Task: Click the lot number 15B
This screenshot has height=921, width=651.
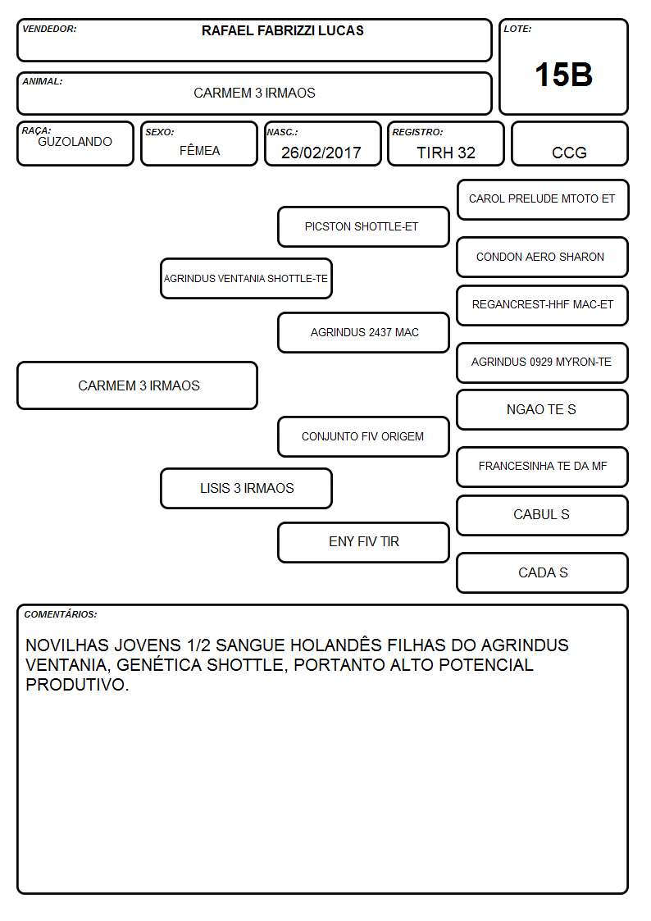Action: coord(563,75)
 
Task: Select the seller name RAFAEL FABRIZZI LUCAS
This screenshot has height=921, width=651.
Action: coord(282,30)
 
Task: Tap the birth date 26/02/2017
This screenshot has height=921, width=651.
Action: coord(321,153)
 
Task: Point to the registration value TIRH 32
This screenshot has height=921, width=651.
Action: coord(446,153)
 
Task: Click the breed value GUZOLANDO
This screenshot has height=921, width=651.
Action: coord(75,142)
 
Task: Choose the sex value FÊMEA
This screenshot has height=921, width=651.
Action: coord(199,150)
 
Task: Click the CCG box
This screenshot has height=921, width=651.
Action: coord(569,144)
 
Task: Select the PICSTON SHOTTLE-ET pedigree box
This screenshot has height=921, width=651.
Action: coord(363,226)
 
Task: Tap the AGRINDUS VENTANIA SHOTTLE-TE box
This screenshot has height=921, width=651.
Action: coord(246,278)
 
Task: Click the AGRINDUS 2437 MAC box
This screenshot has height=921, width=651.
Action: coord(363,332)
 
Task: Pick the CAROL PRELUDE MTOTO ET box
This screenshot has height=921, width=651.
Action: coord(543,200)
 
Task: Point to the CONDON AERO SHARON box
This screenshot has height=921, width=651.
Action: coord(543,258)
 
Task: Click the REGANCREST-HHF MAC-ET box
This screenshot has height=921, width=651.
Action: coord(543,305)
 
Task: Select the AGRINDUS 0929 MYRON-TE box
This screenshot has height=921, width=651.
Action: coord(543,363)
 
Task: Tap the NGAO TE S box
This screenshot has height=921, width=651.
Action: coord(543,410)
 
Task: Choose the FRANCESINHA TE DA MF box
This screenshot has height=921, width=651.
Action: coord(543,467)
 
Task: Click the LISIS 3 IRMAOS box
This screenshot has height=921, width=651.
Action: coord(246,488)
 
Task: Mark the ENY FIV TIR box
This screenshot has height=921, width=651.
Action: coord(363,542)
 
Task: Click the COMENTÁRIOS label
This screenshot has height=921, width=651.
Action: coord(61,614)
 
